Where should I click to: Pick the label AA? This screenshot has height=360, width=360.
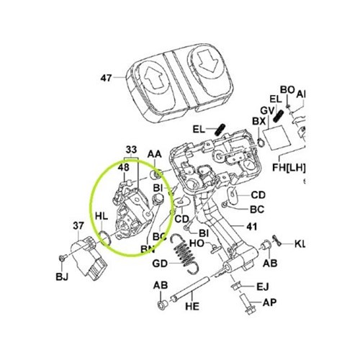pos(154,155)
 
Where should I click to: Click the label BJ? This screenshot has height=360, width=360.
pos(62,276)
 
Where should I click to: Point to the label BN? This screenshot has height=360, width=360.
pos(147,249)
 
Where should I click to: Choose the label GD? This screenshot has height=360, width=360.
pos(160,264)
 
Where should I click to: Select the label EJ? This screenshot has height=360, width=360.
pos(264,288)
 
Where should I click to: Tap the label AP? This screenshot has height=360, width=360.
pos(269,303)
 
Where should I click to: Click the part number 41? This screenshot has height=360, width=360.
pos(251,225)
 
